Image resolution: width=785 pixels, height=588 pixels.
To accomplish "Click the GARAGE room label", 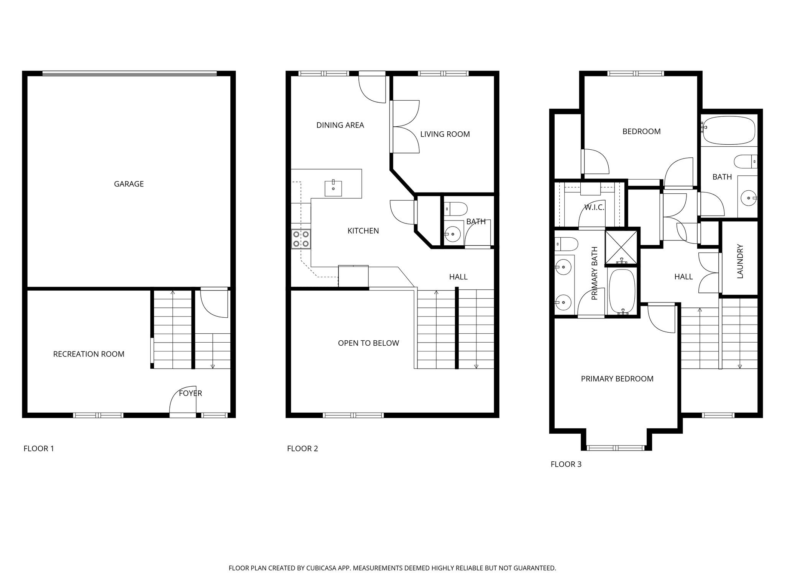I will tap(129, 184).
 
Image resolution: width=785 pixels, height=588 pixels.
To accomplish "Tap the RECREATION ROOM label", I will tap(89, 354).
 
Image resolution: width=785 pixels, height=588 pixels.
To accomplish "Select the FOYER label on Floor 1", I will tap(191, 393).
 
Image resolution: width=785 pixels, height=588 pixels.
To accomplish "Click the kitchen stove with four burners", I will tap(301, 239).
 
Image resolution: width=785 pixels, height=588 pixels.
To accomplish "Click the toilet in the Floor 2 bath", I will tap(456, 209).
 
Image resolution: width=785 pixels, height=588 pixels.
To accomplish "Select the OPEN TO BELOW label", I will tap(368, 343).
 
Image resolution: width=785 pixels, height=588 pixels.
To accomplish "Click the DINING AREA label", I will tap(340, 125).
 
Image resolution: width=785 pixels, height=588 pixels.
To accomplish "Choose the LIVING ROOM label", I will tap(445, 134).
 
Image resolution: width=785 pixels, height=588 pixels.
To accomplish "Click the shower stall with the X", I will tap(621, 247).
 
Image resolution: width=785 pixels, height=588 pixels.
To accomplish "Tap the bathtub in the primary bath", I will tap(622, 291).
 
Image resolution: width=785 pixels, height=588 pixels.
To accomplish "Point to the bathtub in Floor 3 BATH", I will tap(729, 131).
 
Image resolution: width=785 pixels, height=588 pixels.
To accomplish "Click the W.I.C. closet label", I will tap(594, 208).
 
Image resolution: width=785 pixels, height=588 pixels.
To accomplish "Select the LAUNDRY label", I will tap(740, 261).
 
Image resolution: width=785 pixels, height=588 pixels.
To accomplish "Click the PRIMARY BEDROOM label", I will tap(617, 379).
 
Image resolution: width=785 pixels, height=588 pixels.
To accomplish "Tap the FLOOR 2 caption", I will tap(302, 449).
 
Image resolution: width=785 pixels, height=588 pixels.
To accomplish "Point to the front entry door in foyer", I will tap(183, 415).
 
